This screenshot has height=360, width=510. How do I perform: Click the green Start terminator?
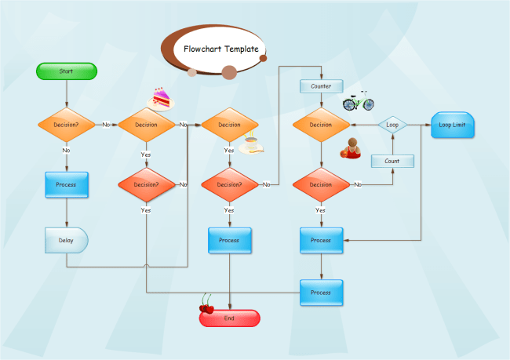tap(67, 71)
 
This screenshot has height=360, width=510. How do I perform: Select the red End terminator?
tap(229, 318)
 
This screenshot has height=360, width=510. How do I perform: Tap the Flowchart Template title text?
tap(220, 49)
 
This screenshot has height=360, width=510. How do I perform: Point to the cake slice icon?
tap(160, 98)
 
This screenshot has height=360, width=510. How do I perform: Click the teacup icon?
tap(251, 145)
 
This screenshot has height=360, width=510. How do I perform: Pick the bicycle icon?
tap(358, 101)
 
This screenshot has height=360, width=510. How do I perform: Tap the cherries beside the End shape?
tap(207, 304)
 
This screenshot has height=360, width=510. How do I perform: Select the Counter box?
tap(320, 86)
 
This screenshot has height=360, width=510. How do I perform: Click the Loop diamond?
tap(392, 125)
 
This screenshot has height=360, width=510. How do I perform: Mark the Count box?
tap(392, 161)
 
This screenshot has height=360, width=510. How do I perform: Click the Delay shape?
tap(66, 240)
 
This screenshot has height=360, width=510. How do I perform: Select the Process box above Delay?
tap(66, 184)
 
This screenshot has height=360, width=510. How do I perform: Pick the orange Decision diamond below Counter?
tap(320, 125)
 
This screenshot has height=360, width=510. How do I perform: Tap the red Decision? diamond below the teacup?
tap(229, 185)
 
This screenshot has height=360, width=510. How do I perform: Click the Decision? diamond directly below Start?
tap(66, 125)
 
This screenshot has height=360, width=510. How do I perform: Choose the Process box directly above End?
tap(229, 240)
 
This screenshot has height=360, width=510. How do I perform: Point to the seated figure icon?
tap(352, 148)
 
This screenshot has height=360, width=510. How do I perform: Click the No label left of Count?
tap(358, 185)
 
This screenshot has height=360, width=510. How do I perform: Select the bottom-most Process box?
tap(320, 292)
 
